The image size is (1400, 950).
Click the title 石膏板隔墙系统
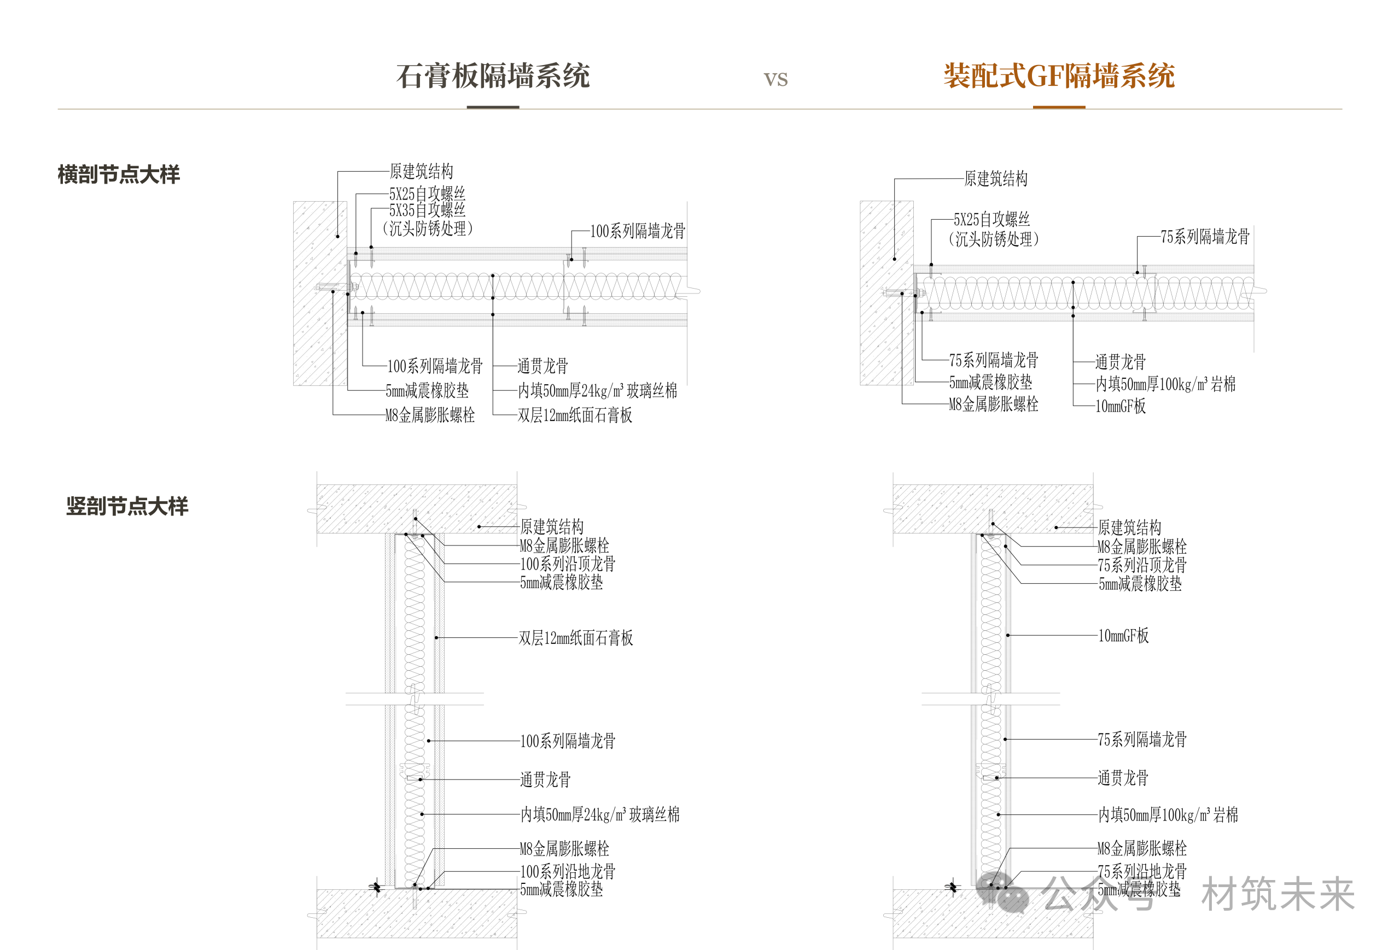pos(493,77)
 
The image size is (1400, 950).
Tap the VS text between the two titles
pos(775,79)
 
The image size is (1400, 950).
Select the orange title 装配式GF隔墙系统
pos(1059,77)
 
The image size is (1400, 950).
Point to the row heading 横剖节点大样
pos(119,174)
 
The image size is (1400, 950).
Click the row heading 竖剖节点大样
pos(127,506)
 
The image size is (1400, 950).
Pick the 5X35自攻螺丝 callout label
pos(427,210)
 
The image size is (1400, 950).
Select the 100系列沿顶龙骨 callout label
pos(568,564)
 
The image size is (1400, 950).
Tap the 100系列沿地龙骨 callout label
pos(568,871)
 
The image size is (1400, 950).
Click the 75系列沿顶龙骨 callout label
pos(1142,565)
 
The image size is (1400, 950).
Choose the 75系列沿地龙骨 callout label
pos(1142,871)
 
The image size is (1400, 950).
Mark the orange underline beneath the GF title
pos(1059,107)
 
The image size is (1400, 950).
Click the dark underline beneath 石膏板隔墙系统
pos(493,107)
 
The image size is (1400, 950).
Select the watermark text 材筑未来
pos(1278,894)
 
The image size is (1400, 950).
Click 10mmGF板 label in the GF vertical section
pos(1123,636)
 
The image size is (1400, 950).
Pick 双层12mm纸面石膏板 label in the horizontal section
pos(575,415)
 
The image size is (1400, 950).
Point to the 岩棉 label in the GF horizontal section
pos(1223,384)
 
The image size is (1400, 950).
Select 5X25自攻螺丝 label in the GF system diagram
pos(991,219)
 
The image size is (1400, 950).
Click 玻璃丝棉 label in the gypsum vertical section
pos(654,814)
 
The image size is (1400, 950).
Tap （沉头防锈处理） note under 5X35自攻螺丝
pos(427,228)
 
